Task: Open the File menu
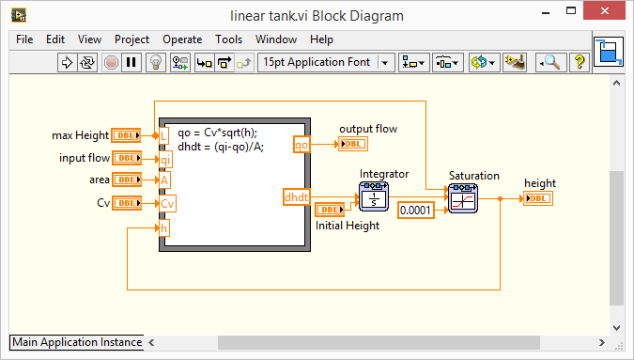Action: pyautogui.click(x=24, y=39)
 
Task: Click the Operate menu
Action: pyautogui.click(x=182, y=39)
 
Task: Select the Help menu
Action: pyautogui.click(x=321, y=39)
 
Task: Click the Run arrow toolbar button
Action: pyautogui.click(x=67, y=63)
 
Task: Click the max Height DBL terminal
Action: pyautogui.click(x=126, y=136)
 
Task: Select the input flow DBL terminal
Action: pyautogui.click(x=126, y=158)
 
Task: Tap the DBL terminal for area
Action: pyautogui.click(x=126, y=180)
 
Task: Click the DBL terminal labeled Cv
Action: pyautogui.click(x=126, y=202)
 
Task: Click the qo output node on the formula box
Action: pyautogui.click(x=302, y=145)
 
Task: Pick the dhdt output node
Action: pyautogui.click(x=296, y=196)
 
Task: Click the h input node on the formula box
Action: pyautogui.click(x=164, y=228)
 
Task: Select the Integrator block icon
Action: pyautogui.click(x=373, y=196)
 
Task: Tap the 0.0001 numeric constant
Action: pyautogui.click(x=416, y=210)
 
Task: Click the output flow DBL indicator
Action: pyautogui.click(x=353, y=144)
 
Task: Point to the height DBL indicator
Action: pyautogui.click(x=538, y=198)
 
